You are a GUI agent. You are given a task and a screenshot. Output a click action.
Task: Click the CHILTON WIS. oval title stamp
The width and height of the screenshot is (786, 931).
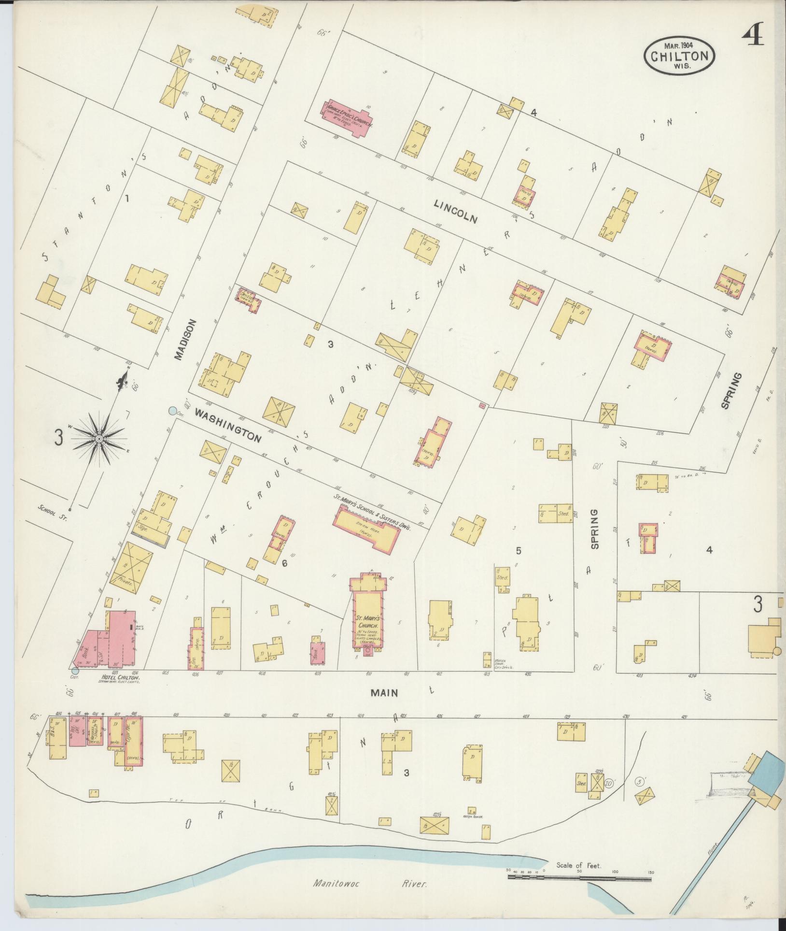click(679, 56)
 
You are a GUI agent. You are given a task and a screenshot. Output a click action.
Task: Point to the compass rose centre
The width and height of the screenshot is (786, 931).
click(98, 439)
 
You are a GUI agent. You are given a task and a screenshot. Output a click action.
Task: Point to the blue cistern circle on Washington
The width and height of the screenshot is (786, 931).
click(172, 411)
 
